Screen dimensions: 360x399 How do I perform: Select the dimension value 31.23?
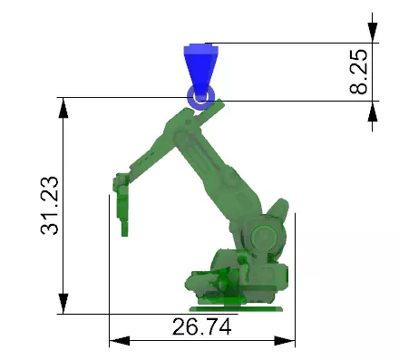[x=52, y=207]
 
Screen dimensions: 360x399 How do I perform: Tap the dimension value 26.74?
[x=201, y=327]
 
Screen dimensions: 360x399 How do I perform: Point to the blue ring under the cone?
[x=199, y=95]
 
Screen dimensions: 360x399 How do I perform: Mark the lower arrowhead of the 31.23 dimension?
[x=63, y=304]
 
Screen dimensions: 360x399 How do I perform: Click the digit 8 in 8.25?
[x=359, y=88]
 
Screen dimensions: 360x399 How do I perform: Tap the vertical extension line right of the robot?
[x=295, y=272]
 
